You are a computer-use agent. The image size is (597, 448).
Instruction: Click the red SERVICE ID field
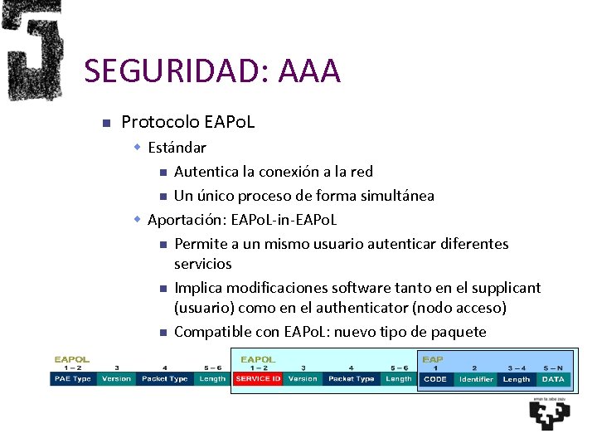[x=257, y=379]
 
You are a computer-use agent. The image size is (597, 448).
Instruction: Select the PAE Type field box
[x=72, y=379]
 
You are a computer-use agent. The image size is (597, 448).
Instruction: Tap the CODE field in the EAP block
[x=434, y=379]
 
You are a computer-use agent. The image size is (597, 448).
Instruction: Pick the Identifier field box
[x=476, y=379]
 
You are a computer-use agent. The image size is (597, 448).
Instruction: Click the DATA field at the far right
[x=552, y=379]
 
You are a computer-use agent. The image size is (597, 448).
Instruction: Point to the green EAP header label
[x=432, y=359]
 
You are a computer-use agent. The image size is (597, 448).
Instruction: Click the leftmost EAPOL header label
[x=72, y=359]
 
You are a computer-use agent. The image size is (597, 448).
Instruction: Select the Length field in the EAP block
[x=516, y=379]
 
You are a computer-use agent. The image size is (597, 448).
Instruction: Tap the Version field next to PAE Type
[x=116, y=379]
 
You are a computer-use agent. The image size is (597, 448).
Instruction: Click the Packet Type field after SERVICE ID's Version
[x=351, y=379]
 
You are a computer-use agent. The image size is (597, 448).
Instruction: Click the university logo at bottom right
[x=550, y=412]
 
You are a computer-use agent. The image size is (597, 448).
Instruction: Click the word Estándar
[x=177, y=148]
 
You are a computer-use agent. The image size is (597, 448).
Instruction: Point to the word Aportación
[x=186, y=220]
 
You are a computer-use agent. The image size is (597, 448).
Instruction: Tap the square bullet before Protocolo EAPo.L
[x=105, y=124]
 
